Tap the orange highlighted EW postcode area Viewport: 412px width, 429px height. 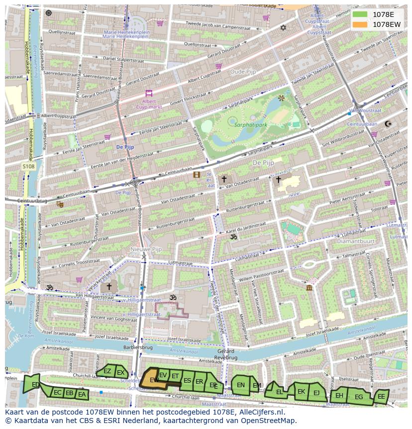pyautogui.click(x=151, y=379)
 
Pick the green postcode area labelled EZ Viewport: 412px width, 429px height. pyautogui.click(x=107, y=371)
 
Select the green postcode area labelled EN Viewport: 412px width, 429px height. pyautogui.click(x=240, y=385)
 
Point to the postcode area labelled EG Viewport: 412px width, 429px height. pyautogui.click(x=358, y=397)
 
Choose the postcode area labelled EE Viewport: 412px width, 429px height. pyautogui.click(x=381, y=397)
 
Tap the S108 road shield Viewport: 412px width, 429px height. pyautogui.click(x=28, y=166)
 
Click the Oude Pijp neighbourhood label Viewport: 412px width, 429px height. pyautogui.click(x=242, y=72)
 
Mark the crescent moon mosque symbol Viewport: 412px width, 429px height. pyautogui.click(x=389, y=124)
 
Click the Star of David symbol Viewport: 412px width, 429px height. pyautogui.click(x=284, y=28)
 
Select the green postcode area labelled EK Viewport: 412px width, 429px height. pyautogui.click(x=301, y=391)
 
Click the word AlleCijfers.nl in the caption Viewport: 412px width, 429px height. pyautogui.click(x=261, y=412)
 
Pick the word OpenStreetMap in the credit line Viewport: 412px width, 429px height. pyautogui.click(x=269, y=421)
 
